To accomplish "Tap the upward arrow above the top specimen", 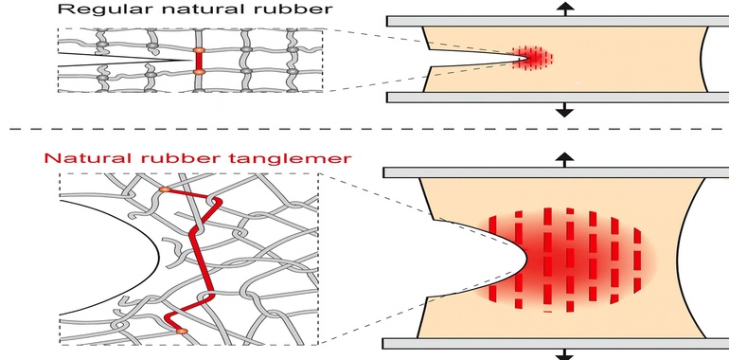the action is coord(565,8).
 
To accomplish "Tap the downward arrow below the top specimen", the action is coord(565,110).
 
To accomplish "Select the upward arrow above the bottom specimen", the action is coord(565,159).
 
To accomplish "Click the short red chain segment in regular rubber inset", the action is coord(199,61).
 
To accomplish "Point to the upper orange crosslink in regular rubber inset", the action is coord(199,50).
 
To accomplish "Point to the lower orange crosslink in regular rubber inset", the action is coord(199,72).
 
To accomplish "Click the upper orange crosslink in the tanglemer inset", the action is coord(165,189).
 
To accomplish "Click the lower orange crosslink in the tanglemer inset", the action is coord(182,331).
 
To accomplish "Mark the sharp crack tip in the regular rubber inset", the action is coord(190,60).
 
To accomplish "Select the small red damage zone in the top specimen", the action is coord(533,58).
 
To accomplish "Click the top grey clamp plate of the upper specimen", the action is coord(558,21).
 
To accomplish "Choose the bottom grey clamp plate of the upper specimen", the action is coord(558,98).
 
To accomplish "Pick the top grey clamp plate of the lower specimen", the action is coord(556,172).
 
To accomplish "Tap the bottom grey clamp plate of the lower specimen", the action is coord(556,343).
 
